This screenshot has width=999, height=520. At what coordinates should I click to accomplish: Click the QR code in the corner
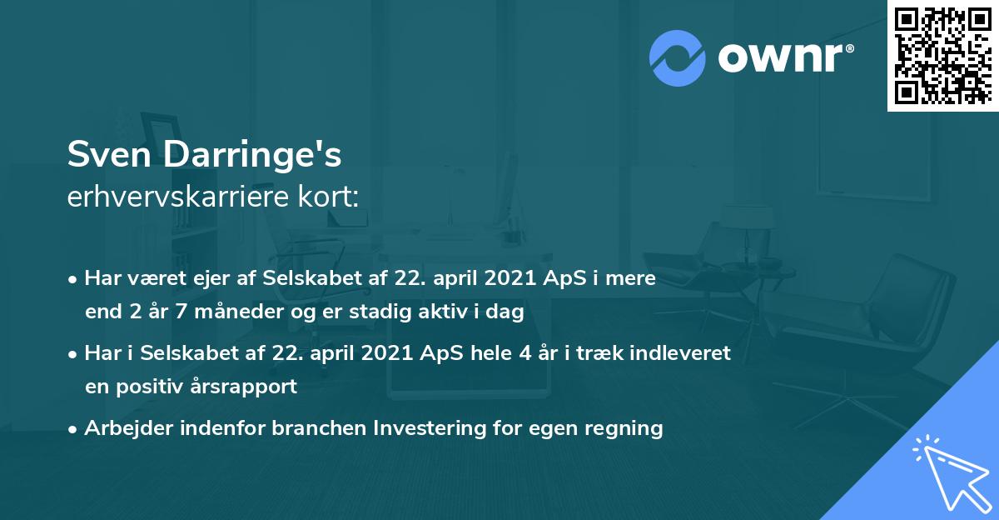[x=942, y=55]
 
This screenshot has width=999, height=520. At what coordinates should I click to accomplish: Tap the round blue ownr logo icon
[x=678, y=57]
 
